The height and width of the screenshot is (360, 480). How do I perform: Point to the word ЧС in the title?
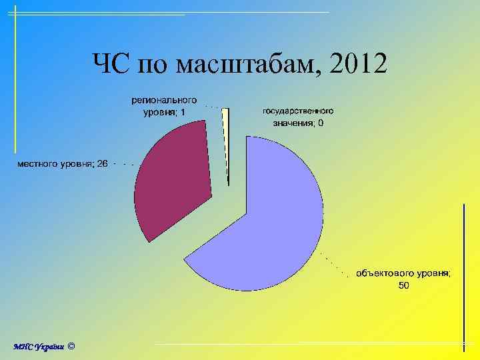(110, 64)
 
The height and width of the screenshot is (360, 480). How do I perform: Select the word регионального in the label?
(164, 99)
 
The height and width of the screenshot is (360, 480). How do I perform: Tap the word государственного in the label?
(298, 111)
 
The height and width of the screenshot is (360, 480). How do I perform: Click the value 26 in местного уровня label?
(102, 163)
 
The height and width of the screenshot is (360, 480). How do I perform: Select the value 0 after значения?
(321, 123)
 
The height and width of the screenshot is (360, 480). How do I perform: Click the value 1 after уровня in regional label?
(183, 112)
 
